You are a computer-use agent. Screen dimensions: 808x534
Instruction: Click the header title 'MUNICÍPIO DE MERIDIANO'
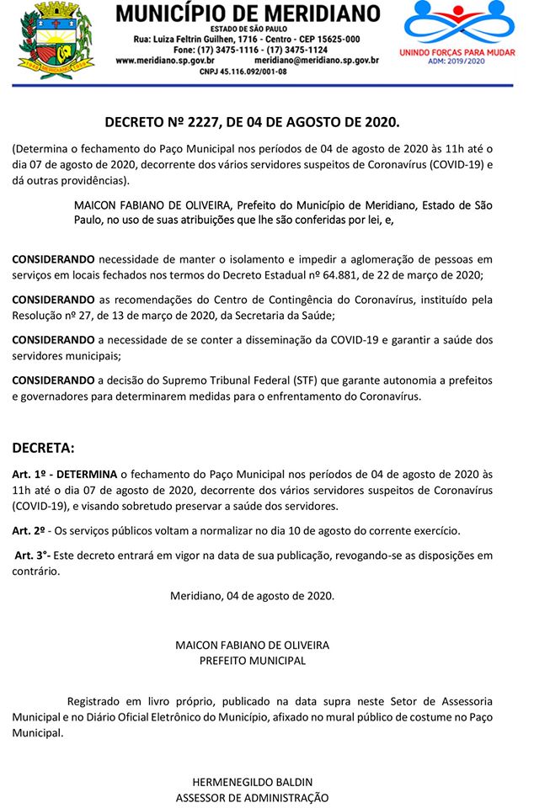[x=247, y=13]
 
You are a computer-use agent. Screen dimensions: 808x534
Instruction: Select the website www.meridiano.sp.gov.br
[x=165, y=61]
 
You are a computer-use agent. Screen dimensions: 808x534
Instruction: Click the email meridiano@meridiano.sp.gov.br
[x=317, y=61]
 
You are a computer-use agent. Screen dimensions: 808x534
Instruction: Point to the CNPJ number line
[x=244, y=72]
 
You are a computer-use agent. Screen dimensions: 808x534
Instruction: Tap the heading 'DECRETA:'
[x=43, y=447]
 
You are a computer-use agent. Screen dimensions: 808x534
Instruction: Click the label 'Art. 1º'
[x=30, y=475]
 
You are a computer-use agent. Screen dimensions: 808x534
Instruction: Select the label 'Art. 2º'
[x=29, y=531]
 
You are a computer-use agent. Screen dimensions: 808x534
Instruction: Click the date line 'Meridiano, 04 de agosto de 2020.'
[x=252, y=596]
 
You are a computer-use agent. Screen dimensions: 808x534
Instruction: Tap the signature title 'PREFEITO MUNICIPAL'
[x=252, y=661]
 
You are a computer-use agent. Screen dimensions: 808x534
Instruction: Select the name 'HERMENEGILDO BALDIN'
[x=252, y=781]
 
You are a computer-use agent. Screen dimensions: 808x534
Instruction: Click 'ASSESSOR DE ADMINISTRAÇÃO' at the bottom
[x=252, y=797]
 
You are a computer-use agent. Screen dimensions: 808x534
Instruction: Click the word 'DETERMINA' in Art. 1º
[x=86, y=475]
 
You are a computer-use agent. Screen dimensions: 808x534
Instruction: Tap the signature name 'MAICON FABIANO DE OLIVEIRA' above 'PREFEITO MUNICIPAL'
[x=252, y=645]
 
